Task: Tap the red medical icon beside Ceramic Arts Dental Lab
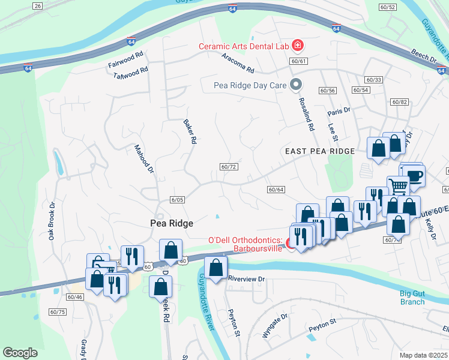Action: click(297, 46)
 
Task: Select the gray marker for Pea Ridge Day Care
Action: click(295, 85)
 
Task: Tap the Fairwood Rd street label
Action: click(126, 59)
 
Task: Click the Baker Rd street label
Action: click(190, 131)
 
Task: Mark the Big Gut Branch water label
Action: click(412, 298)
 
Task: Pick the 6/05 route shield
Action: click(176, 200)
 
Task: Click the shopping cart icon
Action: click(397, 186)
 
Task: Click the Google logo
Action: click(20, 353)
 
